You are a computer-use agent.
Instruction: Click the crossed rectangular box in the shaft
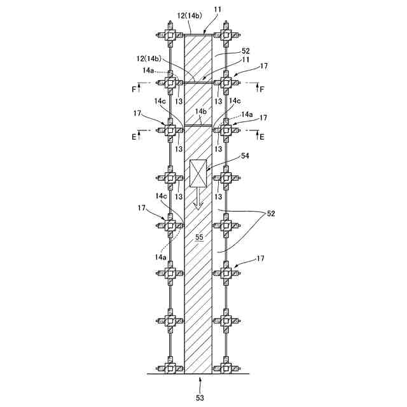tap(198, 173)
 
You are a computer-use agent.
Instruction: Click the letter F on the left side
tap(134, 90)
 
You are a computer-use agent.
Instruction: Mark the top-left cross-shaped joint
tap(170, 36)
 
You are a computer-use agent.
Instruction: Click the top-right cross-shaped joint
tap(225, 36)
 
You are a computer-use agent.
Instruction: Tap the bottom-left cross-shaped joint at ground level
tap(170, 368)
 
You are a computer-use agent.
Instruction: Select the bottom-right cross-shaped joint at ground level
tap(225, 368)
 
